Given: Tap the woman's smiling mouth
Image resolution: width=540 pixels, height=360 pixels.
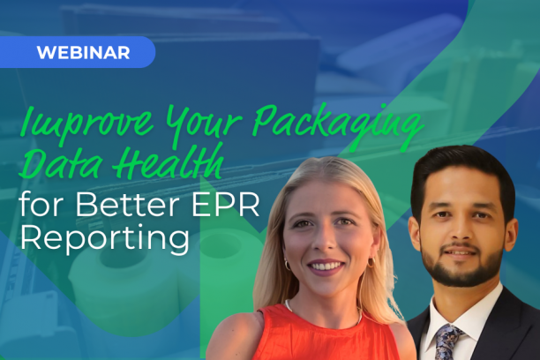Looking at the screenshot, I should tap(327, 266).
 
